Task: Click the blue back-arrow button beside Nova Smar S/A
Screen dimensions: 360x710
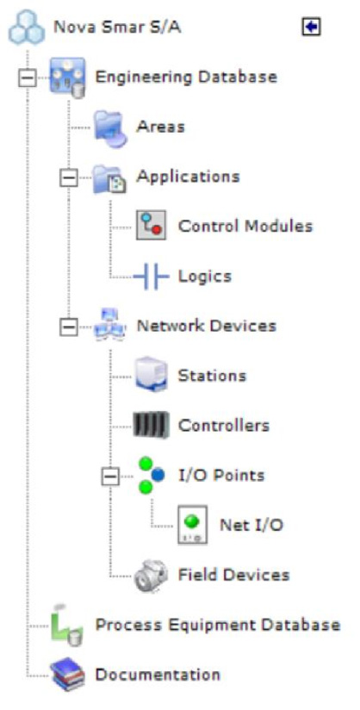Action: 311,28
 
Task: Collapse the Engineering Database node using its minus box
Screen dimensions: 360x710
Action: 28,78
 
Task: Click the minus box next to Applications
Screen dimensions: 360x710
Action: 69,177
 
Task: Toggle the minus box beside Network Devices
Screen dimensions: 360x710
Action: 69,327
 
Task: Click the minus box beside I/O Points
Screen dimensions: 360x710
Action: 110,476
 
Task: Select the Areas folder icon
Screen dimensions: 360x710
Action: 110,128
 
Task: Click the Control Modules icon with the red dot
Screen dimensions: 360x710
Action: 152,226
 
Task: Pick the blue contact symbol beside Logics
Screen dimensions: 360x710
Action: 152,276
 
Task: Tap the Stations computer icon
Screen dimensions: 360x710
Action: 152,375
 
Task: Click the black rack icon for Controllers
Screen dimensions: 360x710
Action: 152,425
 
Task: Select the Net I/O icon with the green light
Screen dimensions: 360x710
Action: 192,525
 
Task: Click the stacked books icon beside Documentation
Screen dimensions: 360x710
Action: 68,675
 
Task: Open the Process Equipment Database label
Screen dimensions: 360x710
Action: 218,626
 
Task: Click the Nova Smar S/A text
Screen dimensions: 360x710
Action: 117,28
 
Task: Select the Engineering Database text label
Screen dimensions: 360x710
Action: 186,77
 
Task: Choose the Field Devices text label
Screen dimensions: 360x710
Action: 233,575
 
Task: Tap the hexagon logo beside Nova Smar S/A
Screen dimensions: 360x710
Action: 27,28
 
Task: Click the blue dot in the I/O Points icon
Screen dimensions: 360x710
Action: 158,475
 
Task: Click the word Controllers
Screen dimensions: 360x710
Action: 224,426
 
